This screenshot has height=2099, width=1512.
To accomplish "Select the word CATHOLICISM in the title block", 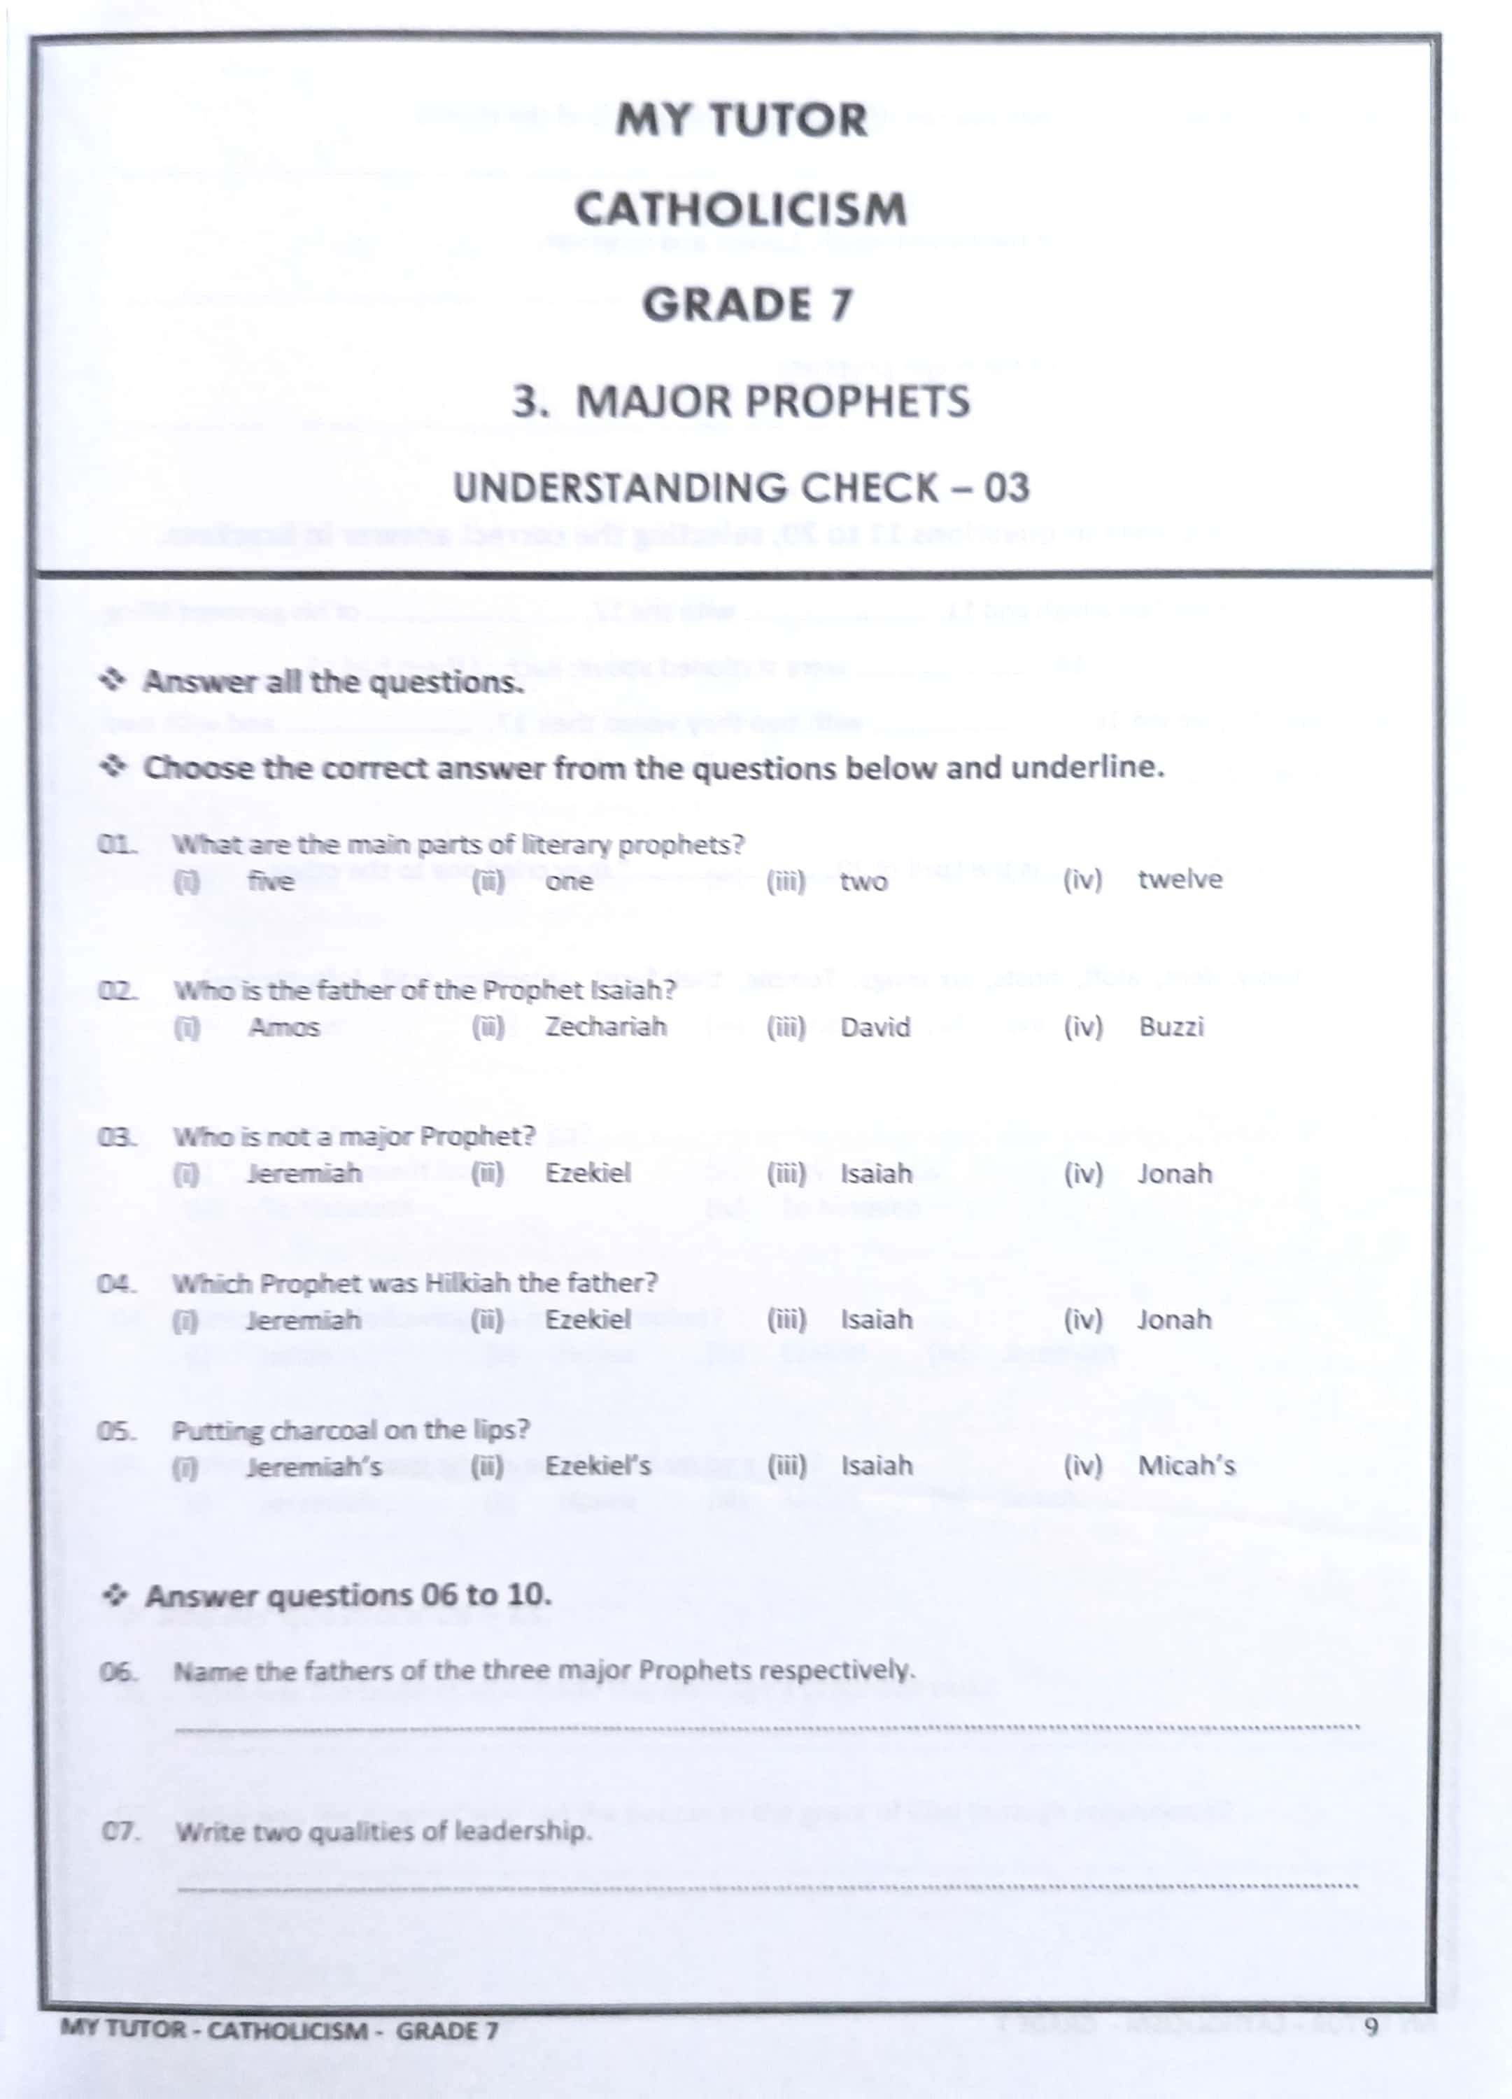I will tap(741, 209).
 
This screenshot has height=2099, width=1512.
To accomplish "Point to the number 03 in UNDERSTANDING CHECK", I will tap(1007, 488).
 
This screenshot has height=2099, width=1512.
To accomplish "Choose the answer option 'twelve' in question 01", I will tap(1180, 879).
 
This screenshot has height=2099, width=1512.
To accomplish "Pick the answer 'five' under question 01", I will tap(271, 881).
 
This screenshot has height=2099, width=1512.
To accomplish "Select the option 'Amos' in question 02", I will tap(284, 1027).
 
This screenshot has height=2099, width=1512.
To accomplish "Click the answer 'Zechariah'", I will tap(605, 1027).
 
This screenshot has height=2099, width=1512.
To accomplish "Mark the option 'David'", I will tap(875, 1027).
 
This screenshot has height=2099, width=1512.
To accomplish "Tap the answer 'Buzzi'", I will tap(1171, 1027).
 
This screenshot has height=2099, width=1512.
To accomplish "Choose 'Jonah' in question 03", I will tap(1174, 1173).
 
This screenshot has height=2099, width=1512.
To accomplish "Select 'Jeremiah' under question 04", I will tap(304, 1320).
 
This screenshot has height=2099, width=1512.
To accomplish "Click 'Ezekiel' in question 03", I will tap(588, 1173).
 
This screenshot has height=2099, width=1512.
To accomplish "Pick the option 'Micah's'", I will tap(1186, 1466).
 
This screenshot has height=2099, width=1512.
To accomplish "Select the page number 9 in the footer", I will tap(1371, 2027).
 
